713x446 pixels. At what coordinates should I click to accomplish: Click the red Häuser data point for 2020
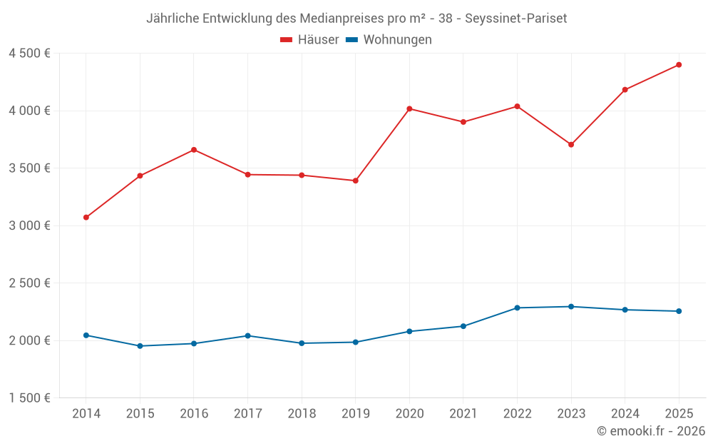pos(409,108)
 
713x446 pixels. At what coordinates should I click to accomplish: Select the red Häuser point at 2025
pos(679,65)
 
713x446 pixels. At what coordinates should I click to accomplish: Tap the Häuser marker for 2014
pos(86,217)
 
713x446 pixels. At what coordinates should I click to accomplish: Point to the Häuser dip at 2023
pos(571,144)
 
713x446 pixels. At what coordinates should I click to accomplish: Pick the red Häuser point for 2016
pos(194,150)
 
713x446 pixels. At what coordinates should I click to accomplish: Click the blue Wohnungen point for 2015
pos(140,346)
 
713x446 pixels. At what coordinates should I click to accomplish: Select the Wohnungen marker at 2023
pos(571,307)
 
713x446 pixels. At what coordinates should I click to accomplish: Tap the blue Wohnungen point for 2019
pos(355,342)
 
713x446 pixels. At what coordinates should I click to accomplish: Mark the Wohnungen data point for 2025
pos(679,311)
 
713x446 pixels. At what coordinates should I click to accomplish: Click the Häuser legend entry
pos(309,40)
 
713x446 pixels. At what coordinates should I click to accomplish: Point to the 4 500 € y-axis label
pos(29,54)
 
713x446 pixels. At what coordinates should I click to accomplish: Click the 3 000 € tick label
pos(29,225)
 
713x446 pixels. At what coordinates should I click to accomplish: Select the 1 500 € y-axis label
pos(29,398)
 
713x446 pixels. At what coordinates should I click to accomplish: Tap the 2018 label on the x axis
pos(302,414)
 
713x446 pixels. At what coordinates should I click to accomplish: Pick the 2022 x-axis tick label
pos(517,414)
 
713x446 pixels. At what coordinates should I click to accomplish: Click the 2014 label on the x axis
pos(86,414)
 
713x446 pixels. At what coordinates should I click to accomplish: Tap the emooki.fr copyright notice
pos(651,431)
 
